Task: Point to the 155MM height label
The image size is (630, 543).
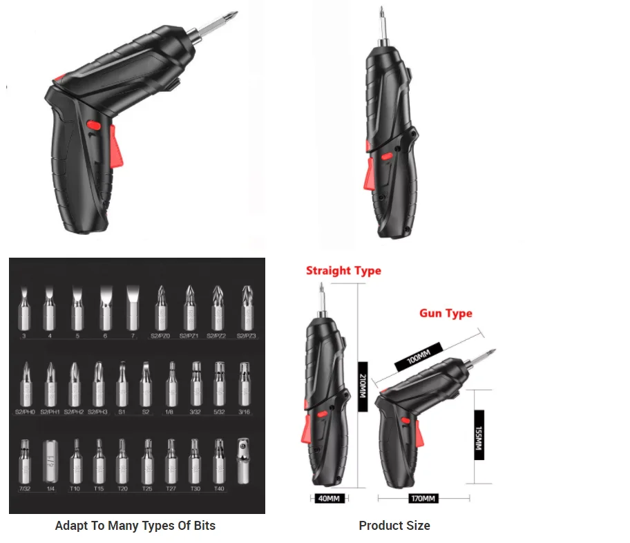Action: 478,435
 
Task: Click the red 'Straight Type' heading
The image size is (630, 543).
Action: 343,270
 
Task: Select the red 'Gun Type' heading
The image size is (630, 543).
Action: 446,313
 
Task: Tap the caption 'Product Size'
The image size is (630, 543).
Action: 394,526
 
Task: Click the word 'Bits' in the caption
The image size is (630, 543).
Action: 201,526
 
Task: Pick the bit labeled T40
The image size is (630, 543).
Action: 219,461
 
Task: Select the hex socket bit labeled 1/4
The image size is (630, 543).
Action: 50,461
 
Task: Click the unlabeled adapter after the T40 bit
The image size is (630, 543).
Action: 243,461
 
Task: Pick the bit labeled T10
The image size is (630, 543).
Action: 75,461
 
